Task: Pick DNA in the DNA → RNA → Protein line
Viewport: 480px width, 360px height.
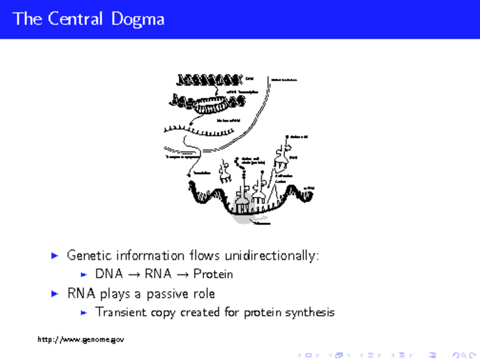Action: coord(109,275)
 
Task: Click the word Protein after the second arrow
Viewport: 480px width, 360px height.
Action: coord(213,275)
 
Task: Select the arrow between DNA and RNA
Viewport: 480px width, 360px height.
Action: coord(134,275)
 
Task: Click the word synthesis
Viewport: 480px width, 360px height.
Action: coord(308,313)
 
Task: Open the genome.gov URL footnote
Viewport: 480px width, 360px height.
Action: coord(81,340)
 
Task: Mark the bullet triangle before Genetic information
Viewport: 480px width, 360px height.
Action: coord(55,256)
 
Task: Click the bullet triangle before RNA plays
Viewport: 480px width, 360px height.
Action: coord(55,294)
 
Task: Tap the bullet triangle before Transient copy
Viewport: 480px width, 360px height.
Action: coord(84,313)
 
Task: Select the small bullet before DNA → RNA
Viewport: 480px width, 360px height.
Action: coord(84,275)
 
